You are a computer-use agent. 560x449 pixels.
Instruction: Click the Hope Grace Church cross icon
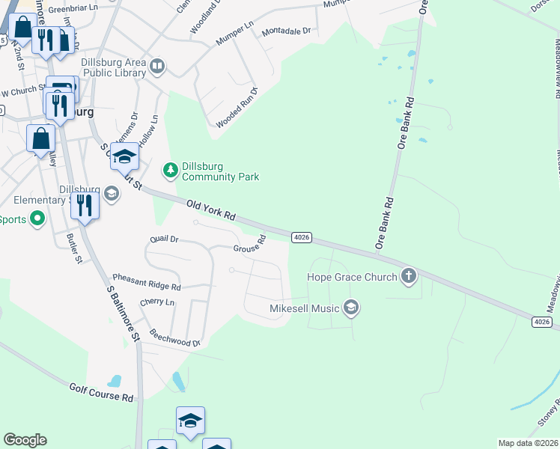[x=409, y=275]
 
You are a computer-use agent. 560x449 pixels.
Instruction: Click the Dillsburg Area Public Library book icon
[x=157, y=67]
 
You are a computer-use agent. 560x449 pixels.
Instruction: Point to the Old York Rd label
[x=211, y=209]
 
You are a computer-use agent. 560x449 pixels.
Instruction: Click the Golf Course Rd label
[x=101, y=393]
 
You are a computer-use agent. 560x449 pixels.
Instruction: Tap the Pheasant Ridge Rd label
[x=147, y=281]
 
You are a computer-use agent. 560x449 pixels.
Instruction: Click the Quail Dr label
[x=164, y=239]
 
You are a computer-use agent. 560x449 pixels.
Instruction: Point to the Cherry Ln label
[x=156, y=302]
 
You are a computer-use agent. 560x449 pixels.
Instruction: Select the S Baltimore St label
[x=124, y=314]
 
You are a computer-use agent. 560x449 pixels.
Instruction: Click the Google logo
[x=25, y=440]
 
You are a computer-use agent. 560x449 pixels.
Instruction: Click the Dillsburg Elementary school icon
[x=111, y=195]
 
